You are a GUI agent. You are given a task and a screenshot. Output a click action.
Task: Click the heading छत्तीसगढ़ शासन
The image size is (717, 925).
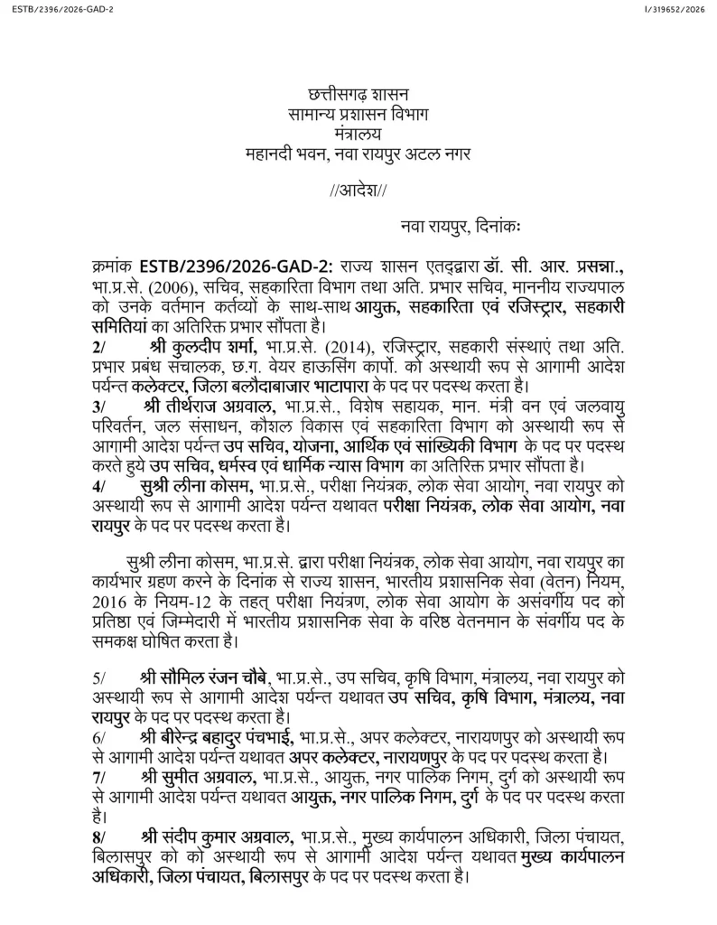click(358, 95)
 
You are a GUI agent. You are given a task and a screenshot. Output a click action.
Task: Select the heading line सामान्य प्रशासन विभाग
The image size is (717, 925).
click(358, 115)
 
